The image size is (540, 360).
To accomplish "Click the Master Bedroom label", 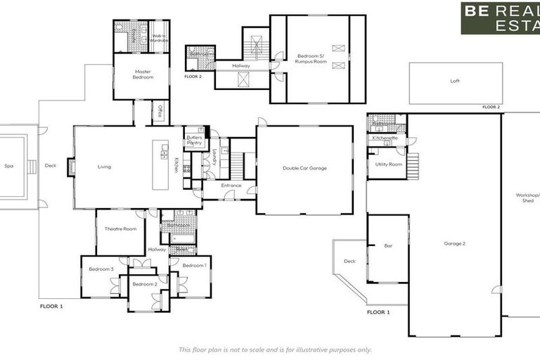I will (x=143, y=74).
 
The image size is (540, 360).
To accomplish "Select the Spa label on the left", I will (x=9, y=167).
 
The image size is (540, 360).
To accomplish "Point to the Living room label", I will (x=104, y=167).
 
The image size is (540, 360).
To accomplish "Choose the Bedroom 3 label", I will (x=101, y=269).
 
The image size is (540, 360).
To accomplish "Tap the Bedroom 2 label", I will (x=144, y=283).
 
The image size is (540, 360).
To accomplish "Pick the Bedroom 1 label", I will (x=194, y=265).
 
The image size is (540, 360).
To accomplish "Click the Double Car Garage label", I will (x=304, y=168).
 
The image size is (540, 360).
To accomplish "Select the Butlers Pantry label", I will (x=193, y=140).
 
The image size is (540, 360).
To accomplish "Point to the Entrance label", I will (x=231, y=186).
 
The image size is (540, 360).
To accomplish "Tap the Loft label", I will (x=455, y=81).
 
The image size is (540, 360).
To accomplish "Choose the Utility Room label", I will (x=388, y=164).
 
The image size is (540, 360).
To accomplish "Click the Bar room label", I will (x=387, y=246).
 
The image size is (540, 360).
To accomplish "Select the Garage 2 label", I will (x=454, y=243).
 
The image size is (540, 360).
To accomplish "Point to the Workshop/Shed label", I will (x=527, y=197).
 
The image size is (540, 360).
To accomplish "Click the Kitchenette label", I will (x=385, y=138).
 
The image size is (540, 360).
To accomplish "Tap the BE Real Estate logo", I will (x=500, y=18).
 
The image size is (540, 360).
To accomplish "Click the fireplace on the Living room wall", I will (x=71, y=167).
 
